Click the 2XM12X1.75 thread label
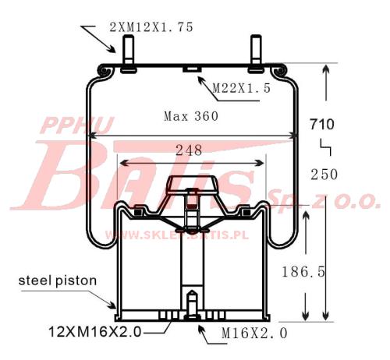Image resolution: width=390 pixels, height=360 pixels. [151, 27]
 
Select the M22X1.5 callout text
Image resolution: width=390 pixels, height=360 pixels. [242, 88]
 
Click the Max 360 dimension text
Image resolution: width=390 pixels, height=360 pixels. [191, 116]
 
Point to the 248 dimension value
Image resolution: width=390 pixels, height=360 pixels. [189, 150]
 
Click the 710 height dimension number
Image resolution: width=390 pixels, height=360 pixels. [321, 124]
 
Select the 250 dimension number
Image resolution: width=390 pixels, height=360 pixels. [324, 174]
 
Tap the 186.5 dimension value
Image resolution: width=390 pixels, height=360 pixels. [303, 272]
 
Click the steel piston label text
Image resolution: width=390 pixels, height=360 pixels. [58, 281]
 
